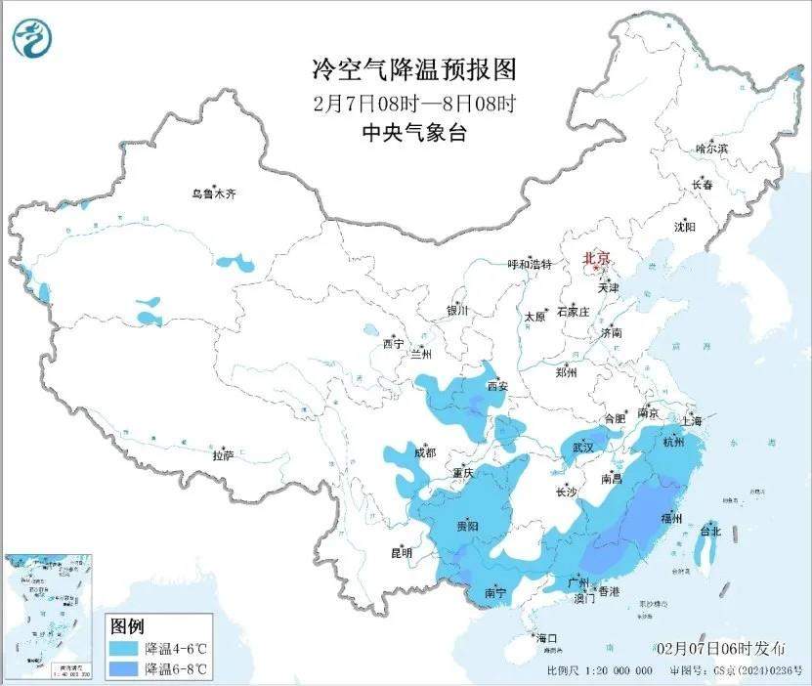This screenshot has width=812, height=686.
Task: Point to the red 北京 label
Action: [596, 259]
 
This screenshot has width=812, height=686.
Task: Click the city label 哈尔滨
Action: [711, 149]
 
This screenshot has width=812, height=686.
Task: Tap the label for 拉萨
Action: [224, 455]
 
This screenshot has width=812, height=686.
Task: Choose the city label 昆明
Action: [402, 553]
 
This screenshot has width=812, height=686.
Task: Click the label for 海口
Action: [547, 638]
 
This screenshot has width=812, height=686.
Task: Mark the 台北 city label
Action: [709, 532]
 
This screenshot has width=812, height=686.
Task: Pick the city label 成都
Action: [424, 452]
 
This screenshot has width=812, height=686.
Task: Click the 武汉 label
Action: [583, 447]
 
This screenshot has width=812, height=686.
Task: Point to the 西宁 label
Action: [393, 344]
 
